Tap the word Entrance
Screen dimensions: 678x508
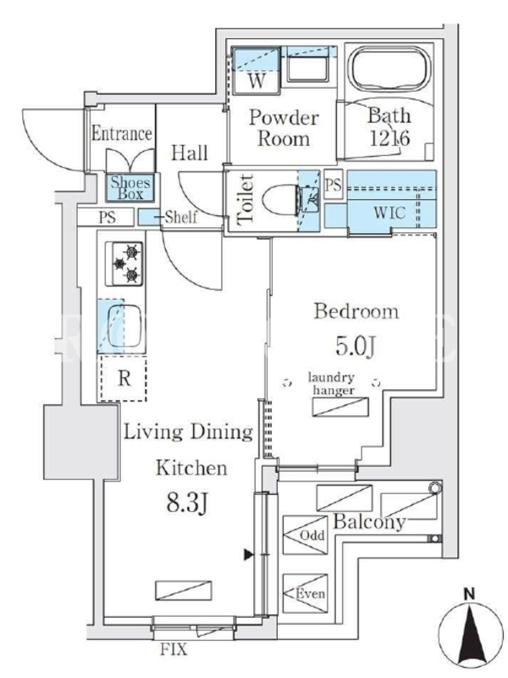click(x=121, y=134)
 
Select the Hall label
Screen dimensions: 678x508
click(x=190, y=153)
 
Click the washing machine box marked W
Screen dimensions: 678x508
click(x=258, y=82)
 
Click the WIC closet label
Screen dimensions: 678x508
click(x=389, y=214)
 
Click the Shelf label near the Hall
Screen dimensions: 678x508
click(x=180, y=217)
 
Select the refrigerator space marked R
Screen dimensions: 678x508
click(x=124, y=379)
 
